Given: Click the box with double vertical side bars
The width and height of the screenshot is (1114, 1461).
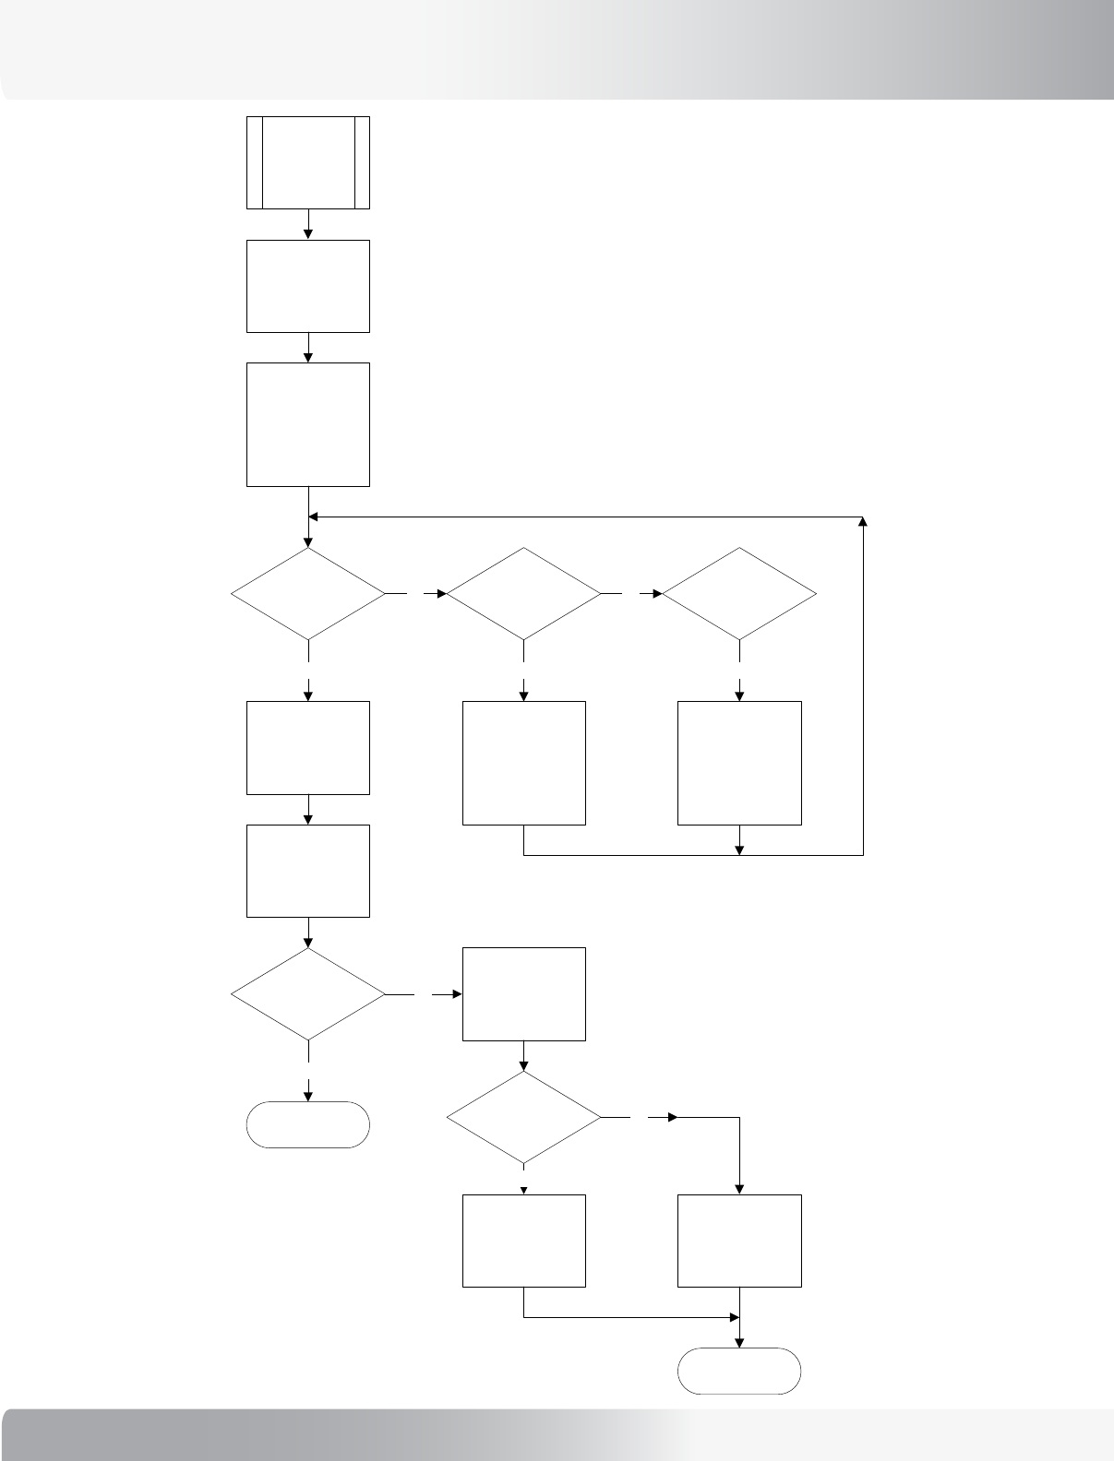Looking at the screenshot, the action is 308,162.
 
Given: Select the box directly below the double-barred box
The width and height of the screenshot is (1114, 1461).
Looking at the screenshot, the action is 308,286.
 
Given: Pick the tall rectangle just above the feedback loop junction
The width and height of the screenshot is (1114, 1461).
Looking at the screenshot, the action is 308,424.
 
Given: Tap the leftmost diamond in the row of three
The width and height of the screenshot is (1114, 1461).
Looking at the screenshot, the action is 308,594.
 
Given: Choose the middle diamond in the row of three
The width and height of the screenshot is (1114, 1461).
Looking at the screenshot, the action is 524,594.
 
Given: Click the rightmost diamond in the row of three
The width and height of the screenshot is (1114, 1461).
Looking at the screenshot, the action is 740,594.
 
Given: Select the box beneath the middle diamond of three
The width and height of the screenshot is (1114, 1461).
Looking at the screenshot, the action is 524,763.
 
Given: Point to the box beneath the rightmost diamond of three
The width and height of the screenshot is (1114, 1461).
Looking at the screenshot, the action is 740,763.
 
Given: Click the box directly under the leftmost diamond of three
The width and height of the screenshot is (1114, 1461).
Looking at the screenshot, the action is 308,747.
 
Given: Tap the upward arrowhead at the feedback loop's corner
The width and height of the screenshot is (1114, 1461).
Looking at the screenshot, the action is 864,522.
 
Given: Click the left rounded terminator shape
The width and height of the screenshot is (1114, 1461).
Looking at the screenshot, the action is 308,1124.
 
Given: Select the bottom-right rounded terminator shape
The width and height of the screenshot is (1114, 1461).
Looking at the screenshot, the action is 740,1371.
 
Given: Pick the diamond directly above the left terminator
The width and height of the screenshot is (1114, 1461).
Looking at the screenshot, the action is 308,995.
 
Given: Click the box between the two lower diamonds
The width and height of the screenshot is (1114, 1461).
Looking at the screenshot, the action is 524,993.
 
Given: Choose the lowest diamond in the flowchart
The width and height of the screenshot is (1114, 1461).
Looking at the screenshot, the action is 524,1118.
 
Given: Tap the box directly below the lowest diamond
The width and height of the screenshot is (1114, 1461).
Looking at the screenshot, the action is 524,1241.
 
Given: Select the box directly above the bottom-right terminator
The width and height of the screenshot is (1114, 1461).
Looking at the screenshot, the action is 740,1241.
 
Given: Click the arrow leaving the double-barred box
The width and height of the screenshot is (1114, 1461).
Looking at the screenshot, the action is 308,224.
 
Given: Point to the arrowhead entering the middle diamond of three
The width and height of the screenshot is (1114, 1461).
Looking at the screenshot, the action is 441,594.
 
